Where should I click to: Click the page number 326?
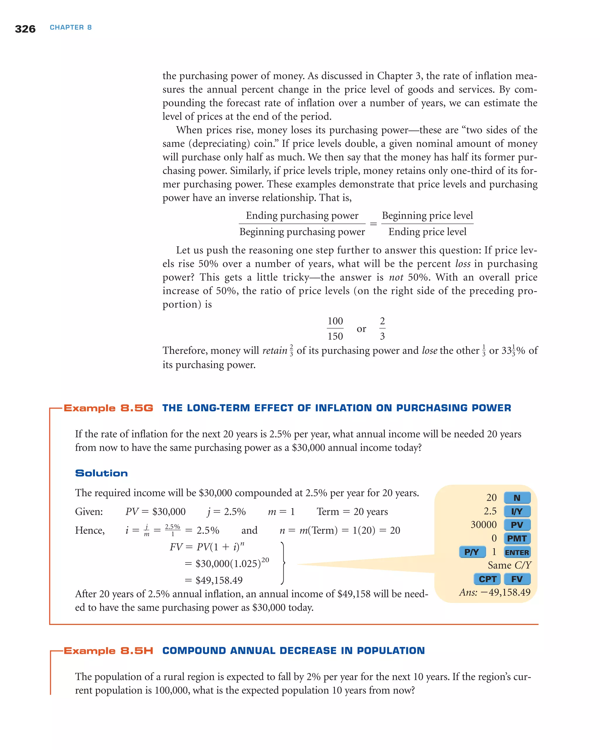(25, 29)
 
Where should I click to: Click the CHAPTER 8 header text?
(71, 28)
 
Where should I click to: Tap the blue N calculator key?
(517, 498)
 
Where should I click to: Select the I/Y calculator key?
(517, 511)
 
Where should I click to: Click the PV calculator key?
(517, 525)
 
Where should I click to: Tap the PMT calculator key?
(517, 538)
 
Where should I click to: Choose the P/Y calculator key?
(472, 552)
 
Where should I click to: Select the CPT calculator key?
(487, 579)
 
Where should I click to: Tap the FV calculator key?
(517, 579)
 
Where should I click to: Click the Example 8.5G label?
(108, 408)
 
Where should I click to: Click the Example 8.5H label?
(108, 651)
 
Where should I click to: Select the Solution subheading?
(101, 473)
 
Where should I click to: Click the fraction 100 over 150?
(335, 328)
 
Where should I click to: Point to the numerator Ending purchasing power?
(302, 216)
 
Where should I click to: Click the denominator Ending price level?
(427, 232)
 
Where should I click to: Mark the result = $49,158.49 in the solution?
(214, 580)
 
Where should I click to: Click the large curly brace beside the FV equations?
(284, 563)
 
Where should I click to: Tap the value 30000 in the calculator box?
(483, 525)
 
